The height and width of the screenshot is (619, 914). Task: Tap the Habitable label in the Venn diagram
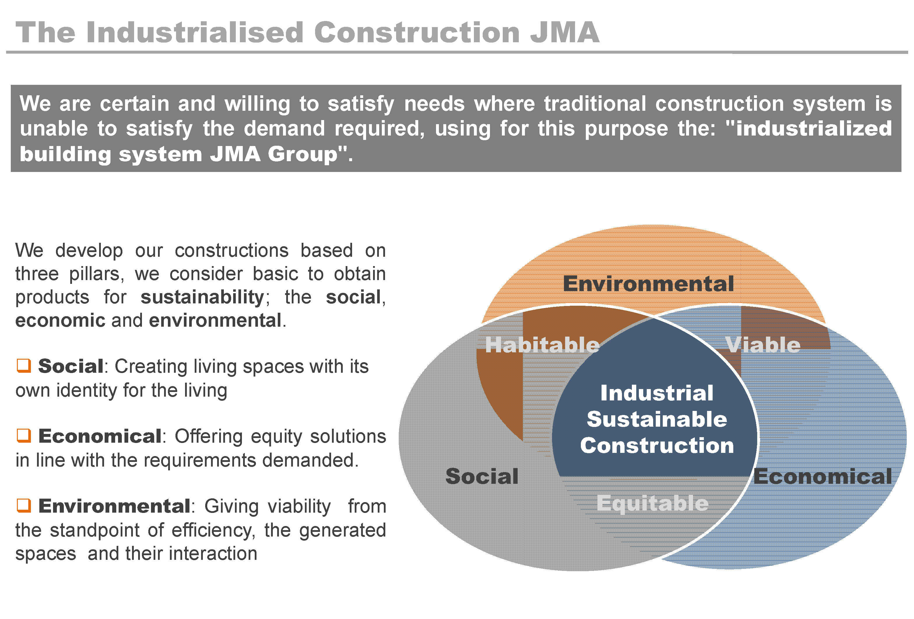[542, 345]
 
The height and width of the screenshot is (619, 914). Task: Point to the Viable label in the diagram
[763, 345]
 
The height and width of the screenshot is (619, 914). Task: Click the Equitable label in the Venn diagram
[653, 503]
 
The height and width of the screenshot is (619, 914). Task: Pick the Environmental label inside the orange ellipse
[648, 284]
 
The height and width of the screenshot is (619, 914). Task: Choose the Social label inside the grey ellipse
[482, 476]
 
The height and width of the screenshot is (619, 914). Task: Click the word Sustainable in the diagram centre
[657, 419]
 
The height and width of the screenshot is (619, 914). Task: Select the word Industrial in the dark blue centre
[657, 393]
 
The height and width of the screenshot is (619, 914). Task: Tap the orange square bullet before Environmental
[24, 505]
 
